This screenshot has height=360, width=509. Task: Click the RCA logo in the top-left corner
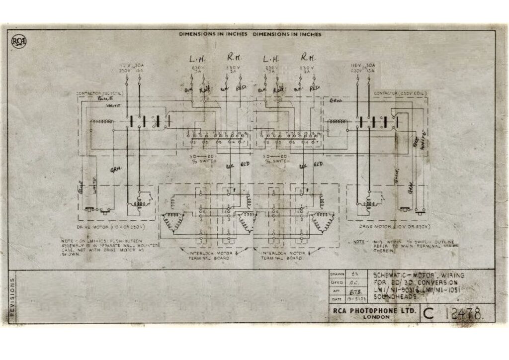click(18, 41)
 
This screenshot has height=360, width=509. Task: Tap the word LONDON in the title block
click(375, 317)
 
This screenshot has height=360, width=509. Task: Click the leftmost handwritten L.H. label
click(197, 58)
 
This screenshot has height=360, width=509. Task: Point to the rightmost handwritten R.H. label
click(308, 58)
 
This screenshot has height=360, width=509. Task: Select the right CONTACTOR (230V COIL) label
click(397, 93)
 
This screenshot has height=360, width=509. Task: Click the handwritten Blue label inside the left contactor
click(103, 98)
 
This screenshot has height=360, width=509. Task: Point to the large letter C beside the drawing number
click(428, 313)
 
